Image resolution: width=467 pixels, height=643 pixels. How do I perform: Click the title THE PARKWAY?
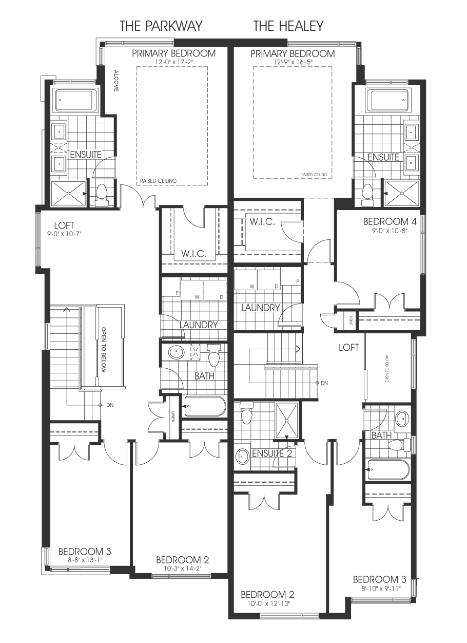pos(161,26)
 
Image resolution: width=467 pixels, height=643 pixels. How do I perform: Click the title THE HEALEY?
pos(288,26)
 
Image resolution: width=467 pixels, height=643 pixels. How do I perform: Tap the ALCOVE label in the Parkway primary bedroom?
pos(116,81)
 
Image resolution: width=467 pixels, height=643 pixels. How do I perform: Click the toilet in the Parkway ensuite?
pos(101,195)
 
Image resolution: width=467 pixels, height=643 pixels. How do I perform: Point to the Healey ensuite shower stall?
pos(401,194)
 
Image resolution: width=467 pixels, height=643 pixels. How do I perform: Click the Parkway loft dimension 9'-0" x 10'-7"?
pos(65,234)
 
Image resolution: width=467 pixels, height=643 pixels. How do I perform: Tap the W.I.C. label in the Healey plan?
pos(262,221)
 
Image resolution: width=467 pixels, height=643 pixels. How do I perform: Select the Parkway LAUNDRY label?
pos(199,325)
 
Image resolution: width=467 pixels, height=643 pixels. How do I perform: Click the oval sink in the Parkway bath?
pos(176,352)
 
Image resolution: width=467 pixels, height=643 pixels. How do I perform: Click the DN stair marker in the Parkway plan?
pos(107,405)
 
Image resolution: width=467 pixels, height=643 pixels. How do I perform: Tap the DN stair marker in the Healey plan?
pos(322,383)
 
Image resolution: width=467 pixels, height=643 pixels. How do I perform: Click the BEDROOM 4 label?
pos(390,221)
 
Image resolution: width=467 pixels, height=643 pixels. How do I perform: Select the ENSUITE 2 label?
pos(272,453)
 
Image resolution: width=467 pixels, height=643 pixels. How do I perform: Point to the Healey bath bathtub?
pos(387,469)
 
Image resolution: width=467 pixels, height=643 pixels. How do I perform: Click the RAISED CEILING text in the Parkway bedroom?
pos(159,181)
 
